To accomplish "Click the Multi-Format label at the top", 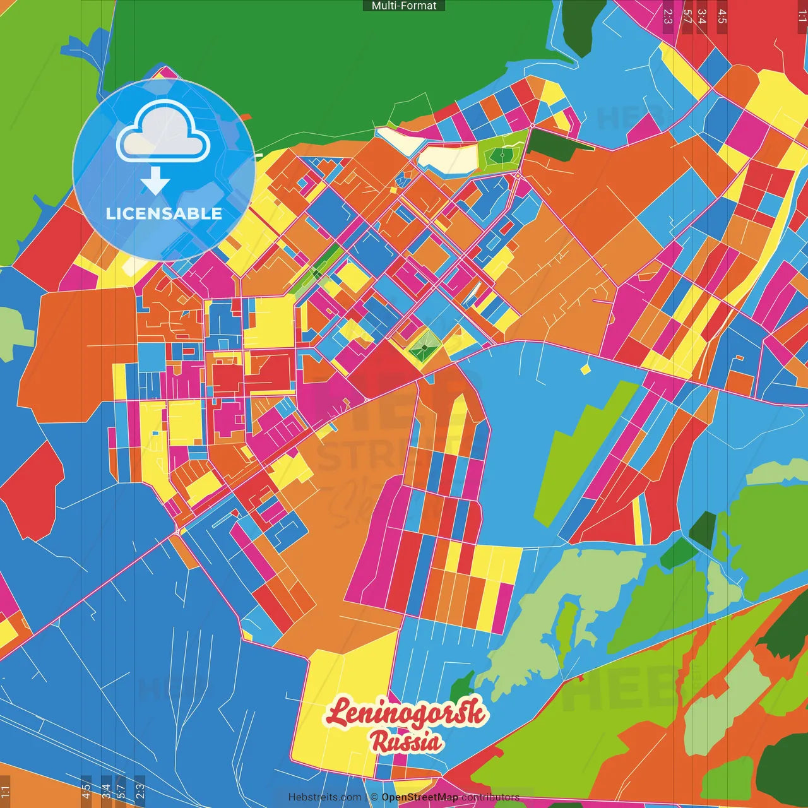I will (404, 6).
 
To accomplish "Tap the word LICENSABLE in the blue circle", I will (164, 213).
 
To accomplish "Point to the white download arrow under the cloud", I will (155, 181).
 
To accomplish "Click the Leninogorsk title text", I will (405, 713).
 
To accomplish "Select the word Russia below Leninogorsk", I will (406, 742).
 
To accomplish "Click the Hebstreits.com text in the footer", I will (324, 797).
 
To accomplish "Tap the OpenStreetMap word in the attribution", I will (419, 797).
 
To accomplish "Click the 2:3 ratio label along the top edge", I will (668, 16).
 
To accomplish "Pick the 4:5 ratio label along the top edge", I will (722, 16).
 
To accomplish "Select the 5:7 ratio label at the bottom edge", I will (121, 790).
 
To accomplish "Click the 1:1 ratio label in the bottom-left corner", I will (5, 790).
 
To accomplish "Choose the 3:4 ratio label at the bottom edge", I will (106, 790).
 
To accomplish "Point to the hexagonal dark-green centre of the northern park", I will (502, 153).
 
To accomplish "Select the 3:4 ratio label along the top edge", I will (702, 16).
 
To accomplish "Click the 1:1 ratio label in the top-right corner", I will (802, 16).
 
